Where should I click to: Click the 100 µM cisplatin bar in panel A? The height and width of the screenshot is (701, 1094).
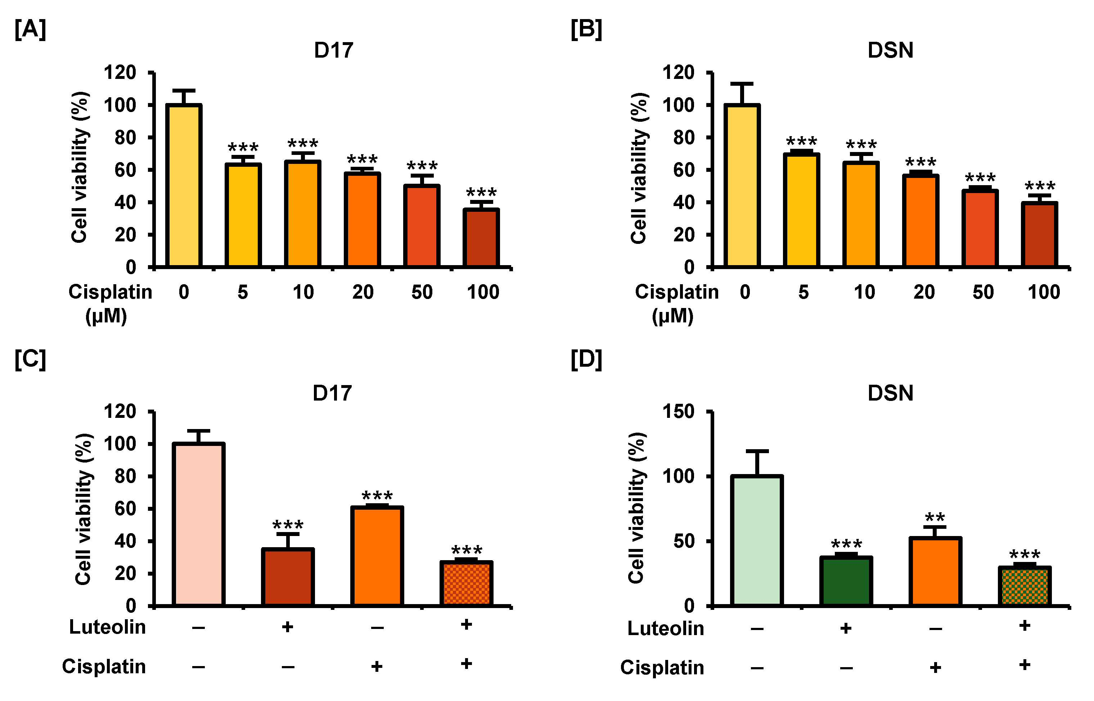click(481, 238)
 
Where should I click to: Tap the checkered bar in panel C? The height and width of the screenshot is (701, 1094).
click(466, 584)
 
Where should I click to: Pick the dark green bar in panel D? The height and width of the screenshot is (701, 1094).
click(846, 582)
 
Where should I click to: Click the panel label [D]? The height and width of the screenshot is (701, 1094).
click(586, 360)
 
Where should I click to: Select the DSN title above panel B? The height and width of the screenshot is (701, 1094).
click(890, 50)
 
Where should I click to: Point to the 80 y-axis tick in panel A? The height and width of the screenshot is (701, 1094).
click(125, 138)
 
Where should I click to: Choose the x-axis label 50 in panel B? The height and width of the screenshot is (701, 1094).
click(983, 292)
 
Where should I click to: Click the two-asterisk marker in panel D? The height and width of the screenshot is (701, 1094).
click(935, 518)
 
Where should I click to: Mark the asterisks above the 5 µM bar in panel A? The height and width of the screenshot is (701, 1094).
click(243, 147)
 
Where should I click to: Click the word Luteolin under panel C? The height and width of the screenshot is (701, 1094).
click(107, 627)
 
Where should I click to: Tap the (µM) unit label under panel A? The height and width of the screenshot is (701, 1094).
click(106, 316)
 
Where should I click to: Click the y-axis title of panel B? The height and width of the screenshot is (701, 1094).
click(639, 168)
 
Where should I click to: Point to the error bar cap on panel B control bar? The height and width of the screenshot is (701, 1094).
click(742, 84)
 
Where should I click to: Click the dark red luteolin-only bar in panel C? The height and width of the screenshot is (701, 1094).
click(288, 577)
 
